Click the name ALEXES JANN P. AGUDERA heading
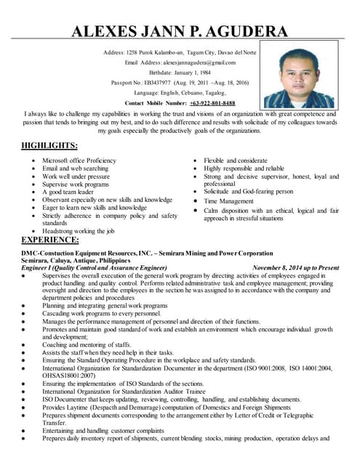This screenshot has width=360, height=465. click(x=179, y=31)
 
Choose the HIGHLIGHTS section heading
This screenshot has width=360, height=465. click(x=49, y=145)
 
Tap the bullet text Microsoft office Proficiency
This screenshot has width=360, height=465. click(x=79, y=160)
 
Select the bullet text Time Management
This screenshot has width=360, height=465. click(x=229, y=201)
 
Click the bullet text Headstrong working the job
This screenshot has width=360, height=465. click(x=79, y=231)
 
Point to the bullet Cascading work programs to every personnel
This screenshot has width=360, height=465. click(x=101, y=313)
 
